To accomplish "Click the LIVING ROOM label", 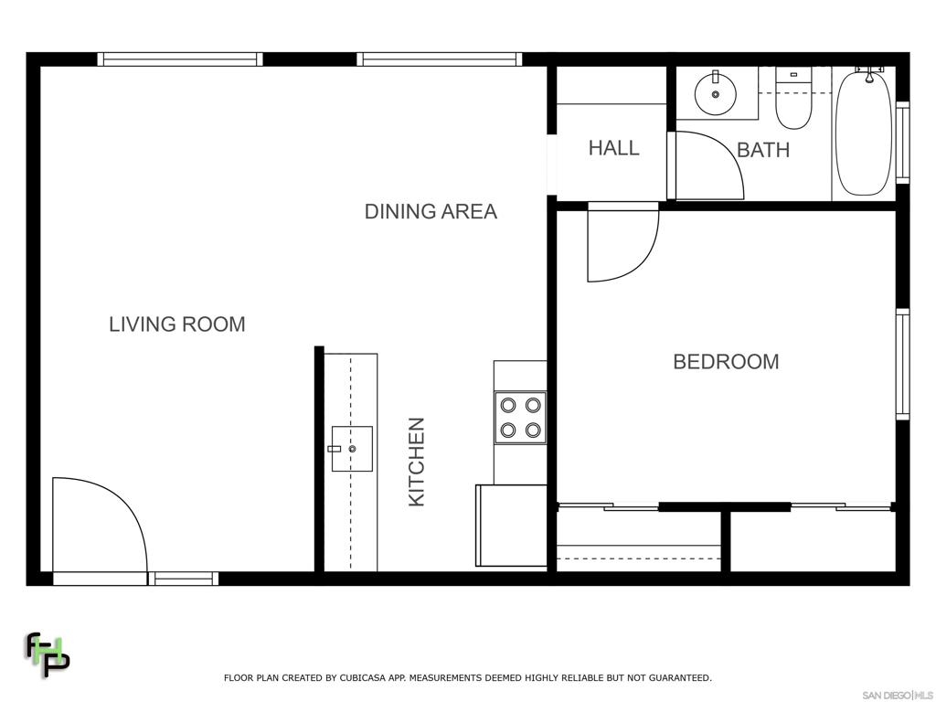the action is point(177,324).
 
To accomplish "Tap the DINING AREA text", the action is point(431,211).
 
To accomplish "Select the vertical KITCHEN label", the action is point(416,462).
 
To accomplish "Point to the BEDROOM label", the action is point(726,362).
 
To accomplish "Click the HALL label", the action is point(613,148).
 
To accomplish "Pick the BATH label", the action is point(763,150).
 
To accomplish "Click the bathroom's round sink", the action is point(715,94).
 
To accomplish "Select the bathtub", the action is point(864,132).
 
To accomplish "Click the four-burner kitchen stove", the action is point(520,417).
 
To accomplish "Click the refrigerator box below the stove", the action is point(511,526).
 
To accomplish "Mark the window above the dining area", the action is point(440,59).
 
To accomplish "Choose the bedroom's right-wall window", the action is point(902,364).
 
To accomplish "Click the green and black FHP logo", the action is point(48,654).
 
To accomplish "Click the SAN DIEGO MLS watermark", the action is point(898,696).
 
